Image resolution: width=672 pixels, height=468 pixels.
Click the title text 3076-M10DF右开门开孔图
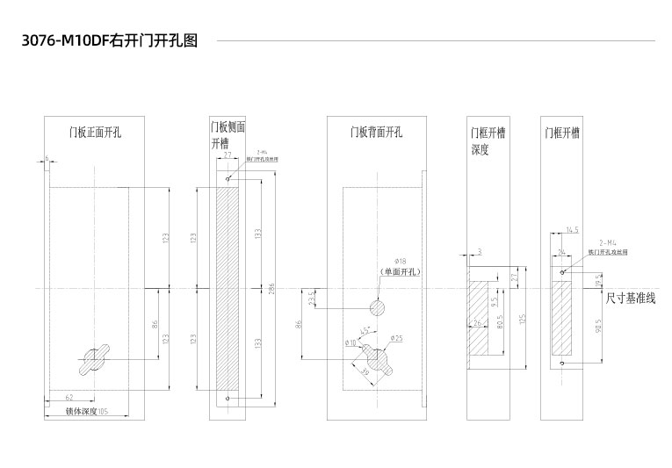tap(109, 41)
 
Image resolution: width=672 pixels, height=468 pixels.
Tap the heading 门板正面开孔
tap(95, 133)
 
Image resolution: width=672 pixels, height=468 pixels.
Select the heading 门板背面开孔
tap(376, 133)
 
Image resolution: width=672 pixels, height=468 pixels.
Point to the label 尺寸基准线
tap(631, 299)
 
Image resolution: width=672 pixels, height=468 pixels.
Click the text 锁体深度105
tap(86, 411)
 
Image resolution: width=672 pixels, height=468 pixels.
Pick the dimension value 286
tap(272, 289)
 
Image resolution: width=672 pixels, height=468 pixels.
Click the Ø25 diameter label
tap(396, 338)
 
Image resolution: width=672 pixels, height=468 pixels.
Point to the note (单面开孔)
tap(400, 272)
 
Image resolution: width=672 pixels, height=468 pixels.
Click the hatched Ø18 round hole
tap(376, 307)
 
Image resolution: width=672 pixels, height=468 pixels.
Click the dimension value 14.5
tap(572, 230)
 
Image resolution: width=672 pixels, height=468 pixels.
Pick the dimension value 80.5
tap(499, 323)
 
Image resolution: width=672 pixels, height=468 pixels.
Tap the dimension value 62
tap(69, 398)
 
